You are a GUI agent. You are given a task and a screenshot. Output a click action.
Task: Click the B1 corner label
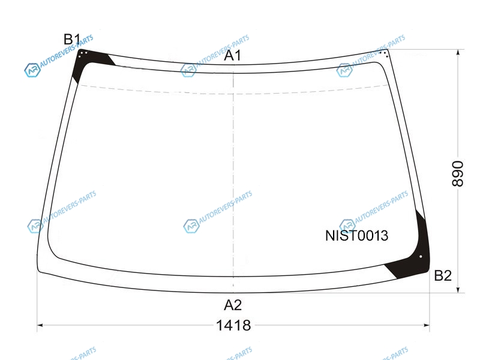tap(71, 40)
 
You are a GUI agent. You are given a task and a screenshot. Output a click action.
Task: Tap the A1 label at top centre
tap(233, 55)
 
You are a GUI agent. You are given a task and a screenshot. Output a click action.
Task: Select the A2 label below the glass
tap(233, 305)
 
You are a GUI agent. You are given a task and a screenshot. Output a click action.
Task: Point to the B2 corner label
tap(443, 276)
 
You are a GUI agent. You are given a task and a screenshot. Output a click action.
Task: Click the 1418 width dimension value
tap(233, 325)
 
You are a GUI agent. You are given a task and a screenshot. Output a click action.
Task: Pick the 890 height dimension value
tap(458, 173)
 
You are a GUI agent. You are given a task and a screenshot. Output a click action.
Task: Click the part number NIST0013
tap(356, 236)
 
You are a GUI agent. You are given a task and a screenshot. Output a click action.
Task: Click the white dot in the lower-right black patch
tap(421, 257)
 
